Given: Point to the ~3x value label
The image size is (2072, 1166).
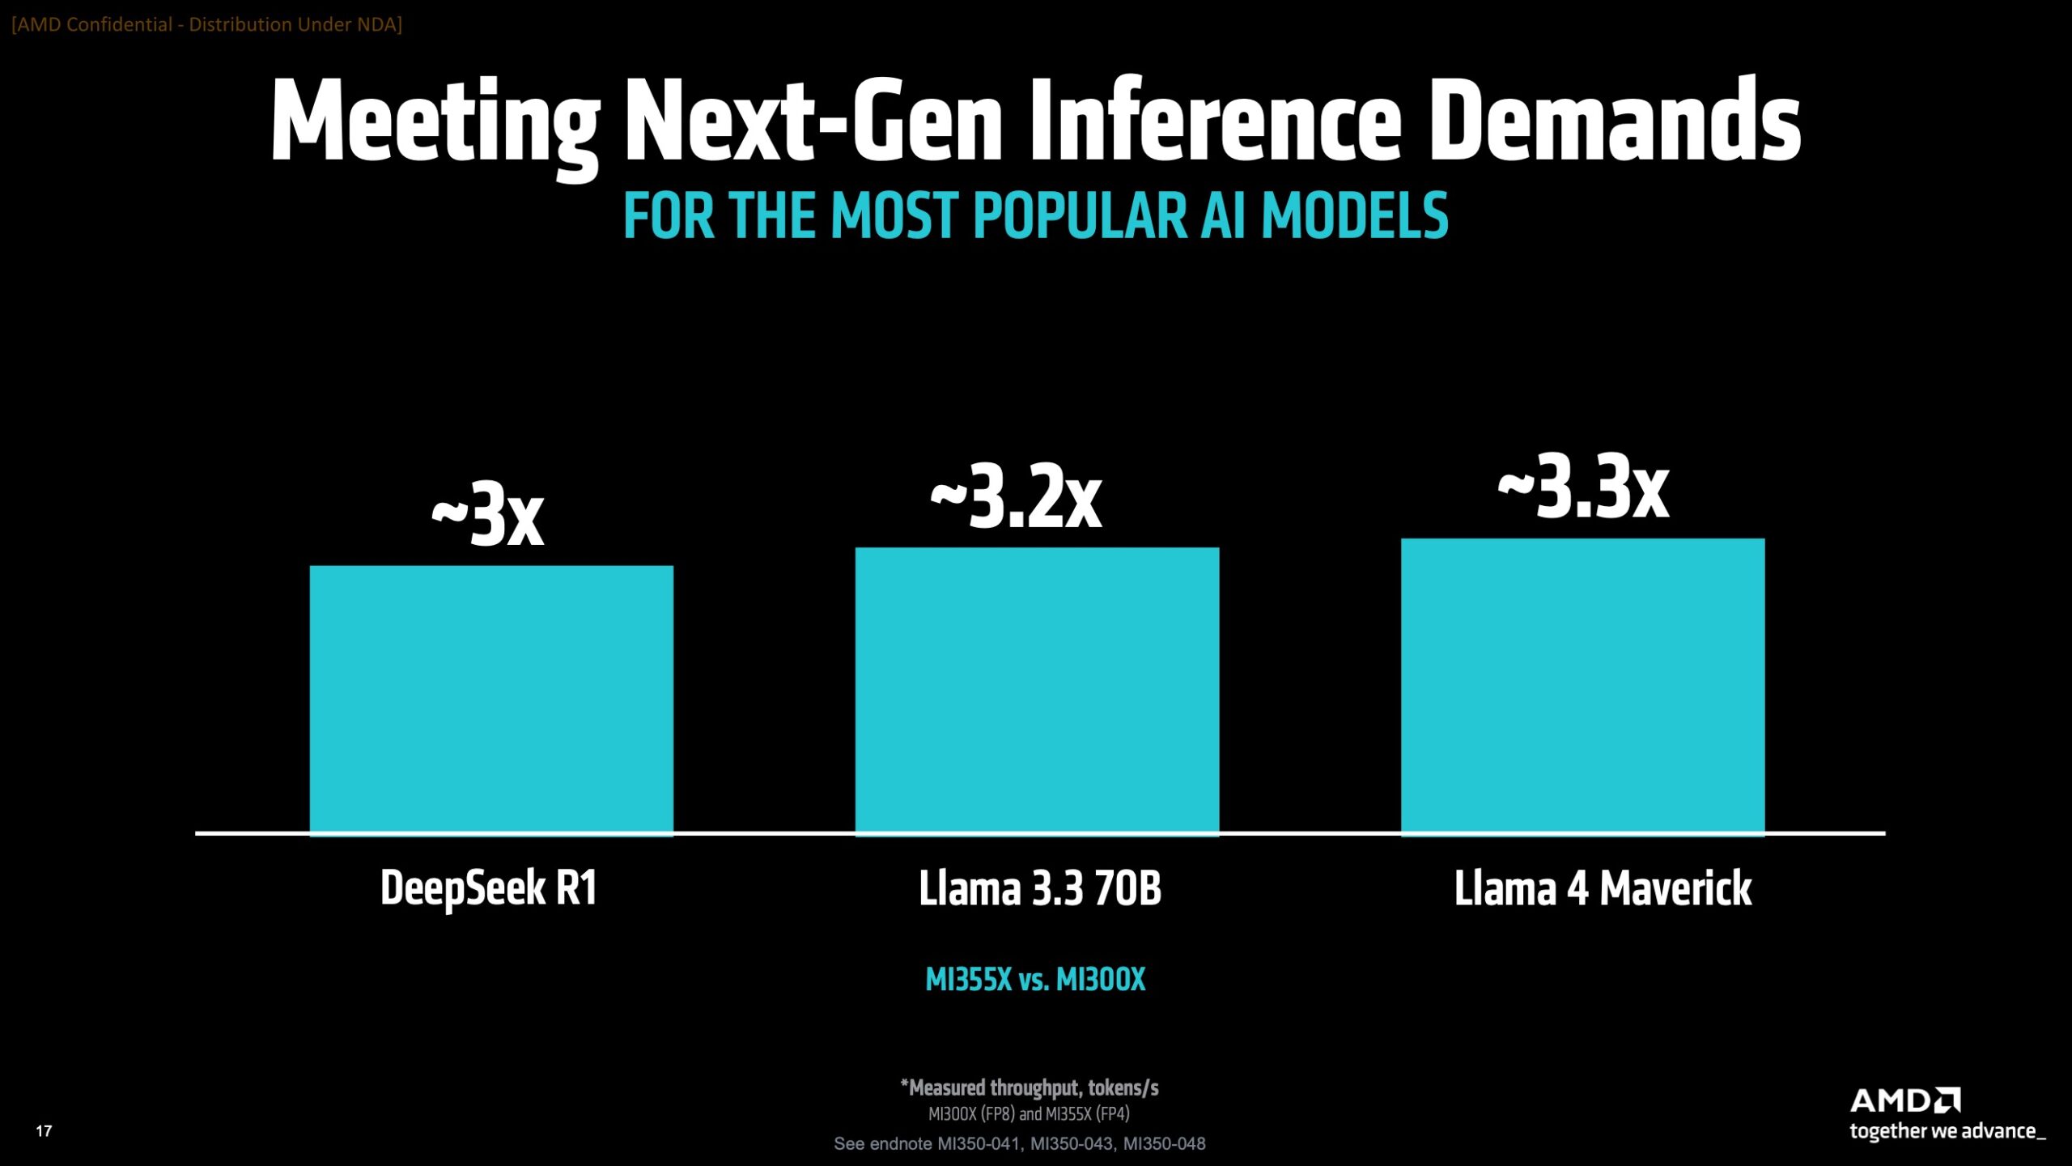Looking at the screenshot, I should pos(488,514).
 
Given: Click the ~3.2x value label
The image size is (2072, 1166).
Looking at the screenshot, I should pos(1017,496).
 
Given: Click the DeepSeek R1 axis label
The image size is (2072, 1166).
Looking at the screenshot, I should pos(489,888).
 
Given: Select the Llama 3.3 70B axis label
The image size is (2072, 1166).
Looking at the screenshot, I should pos(1040,888).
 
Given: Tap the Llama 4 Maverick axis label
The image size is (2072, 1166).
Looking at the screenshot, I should pos(1603,888).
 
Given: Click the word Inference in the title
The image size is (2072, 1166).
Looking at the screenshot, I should pos(1214,121).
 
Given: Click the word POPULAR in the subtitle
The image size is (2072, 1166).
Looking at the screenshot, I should pos(1080,216).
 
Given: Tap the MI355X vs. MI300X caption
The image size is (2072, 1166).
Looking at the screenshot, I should pos(1035,980).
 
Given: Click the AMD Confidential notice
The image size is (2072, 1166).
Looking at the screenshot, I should pos(207,24).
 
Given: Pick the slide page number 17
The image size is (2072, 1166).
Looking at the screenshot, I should pos(44,1131).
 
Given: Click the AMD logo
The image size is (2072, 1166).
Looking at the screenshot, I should pos(1904,1101).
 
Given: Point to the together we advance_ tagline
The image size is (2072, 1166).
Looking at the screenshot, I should pos(1947,1131).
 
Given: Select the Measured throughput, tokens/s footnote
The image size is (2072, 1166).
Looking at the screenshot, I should pos(1030,1087).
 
